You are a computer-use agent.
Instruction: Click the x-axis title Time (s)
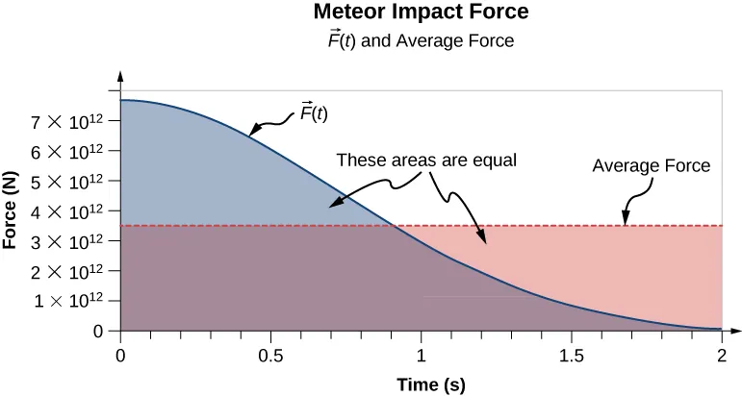click(x=431, y=384)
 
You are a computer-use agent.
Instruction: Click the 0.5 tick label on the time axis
click(x=269, y=353)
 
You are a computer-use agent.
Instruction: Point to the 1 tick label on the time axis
click(x=421, y=353)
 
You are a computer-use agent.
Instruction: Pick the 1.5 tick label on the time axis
click(x=571, y=353)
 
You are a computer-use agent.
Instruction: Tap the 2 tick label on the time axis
click(x=721, y=353)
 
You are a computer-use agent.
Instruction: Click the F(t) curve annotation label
click(x=311, y=111)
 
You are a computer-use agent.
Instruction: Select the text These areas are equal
click(x=426, y=161)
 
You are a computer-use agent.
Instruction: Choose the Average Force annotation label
click(x=651, y=165)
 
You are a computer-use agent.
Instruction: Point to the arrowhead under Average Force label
click(x=626, y=222)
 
